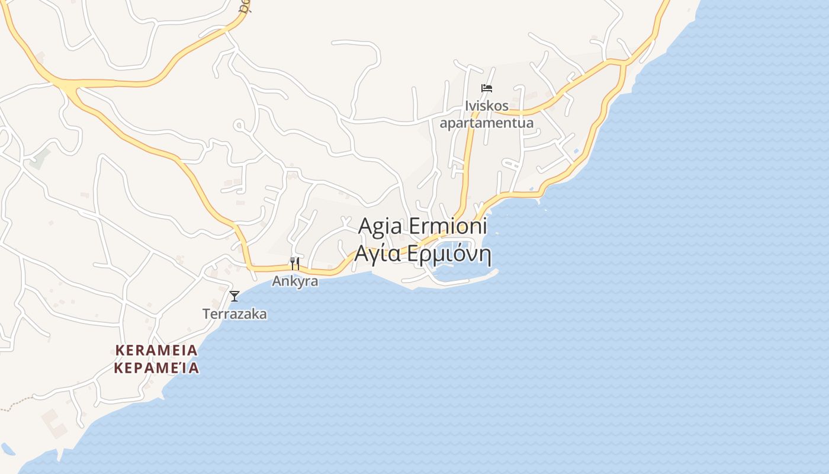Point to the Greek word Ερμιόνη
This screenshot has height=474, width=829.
tap(448, 254)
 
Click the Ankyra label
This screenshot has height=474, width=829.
tap(295, 281)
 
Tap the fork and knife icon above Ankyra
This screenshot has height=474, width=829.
tap(294, 263)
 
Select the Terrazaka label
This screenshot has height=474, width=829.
tap(234, 314)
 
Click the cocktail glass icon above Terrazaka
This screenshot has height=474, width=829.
tap(234, 296)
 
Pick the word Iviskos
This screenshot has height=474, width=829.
tap(487, 106)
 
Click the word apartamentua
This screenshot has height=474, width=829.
tap(487, 123)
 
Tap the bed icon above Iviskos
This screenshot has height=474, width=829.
tap(487, 88)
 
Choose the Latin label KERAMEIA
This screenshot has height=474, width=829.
tap(156, 350)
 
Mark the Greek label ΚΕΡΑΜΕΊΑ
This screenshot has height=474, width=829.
tap(156, 369)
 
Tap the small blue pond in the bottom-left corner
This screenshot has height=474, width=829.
tap(7, 448)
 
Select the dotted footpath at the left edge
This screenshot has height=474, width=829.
tap(15, 406)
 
